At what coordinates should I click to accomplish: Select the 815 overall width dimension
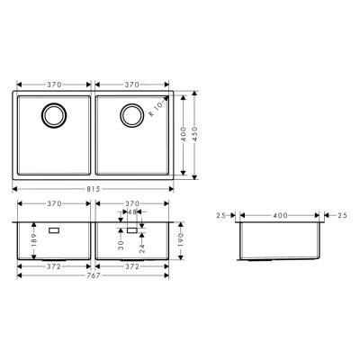click(x=93, y=189)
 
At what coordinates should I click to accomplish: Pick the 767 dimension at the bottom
click(x=93, y=274)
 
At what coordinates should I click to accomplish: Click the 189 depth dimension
click(x=33, y=239)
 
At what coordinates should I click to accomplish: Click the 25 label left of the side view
click(x=220, y=216)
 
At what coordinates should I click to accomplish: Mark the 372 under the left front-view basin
click(x=54, y=266)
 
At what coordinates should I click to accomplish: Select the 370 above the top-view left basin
click(x=54, y=83)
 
